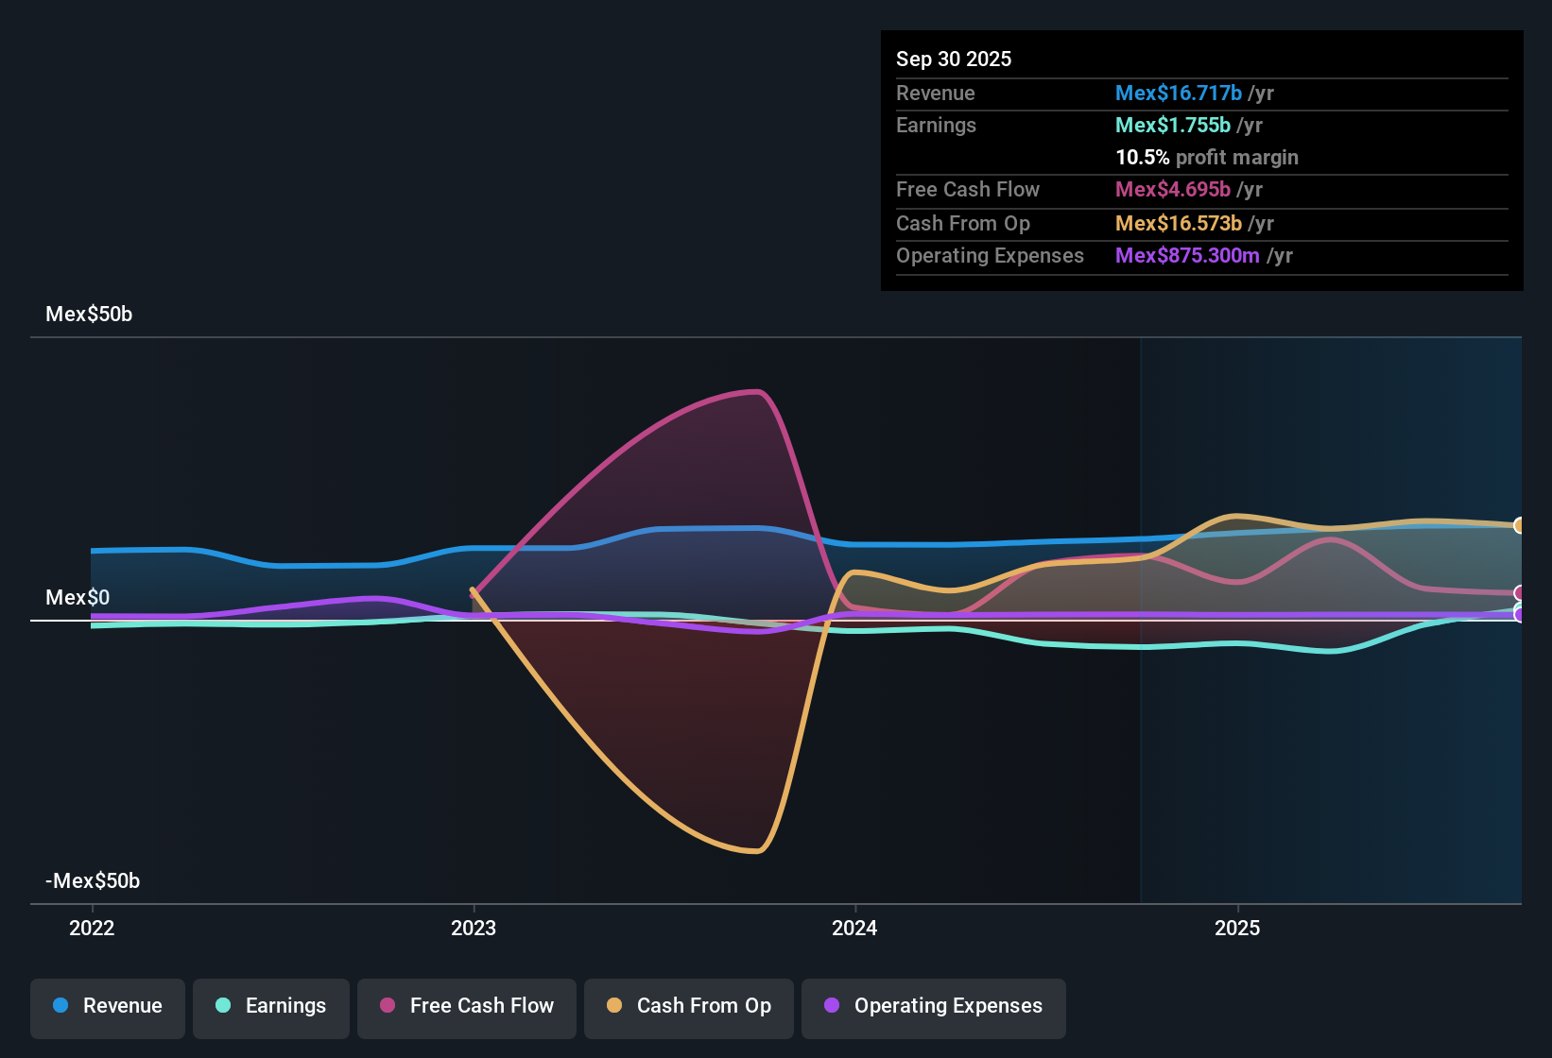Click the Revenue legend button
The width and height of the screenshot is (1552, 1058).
(x=108, y=1006)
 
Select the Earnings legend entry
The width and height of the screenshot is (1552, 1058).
(x=271, y=1006)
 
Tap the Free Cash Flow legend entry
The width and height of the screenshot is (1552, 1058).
(x=467, y=1006)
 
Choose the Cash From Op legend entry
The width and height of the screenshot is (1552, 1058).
(x=689, y=1006)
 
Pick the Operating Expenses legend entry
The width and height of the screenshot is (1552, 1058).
(x=934, y=1006)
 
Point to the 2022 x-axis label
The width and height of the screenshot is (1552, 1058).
(x=92, y=928)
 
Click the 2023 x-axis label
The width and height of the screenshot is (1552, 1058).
(x=474, y=928)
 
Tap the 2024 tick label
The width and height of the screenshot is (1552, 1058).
(x=854, y=928)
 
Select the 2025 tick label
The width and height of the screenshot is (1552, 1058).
(x=1237, y=928)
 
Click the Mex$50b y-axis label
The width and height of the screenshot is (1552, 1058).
(x=89, y=315)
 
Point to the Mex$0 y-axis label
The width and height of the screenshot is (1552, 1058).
(x=78, y=598)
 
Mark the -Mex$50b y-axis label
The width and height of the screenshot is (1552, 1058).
(x=93, y=881)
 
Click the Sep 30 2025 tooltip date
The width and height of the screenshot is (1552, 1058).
(x=954, y=60)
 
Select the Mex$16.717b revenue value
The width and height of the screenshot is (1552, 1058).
(x=1179, y=94)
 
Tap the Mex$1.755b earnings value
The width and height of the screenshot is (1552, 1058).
(x=1173, y=126)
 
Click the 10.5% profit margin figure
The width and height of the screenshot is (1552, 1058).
(x=1143, y=158)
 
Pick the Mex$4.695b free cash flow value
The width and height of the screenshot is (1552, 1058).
(x=1173, y=190)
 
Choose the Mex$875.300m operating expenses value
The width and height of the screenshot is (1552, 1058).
(x=1187, y=256)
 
